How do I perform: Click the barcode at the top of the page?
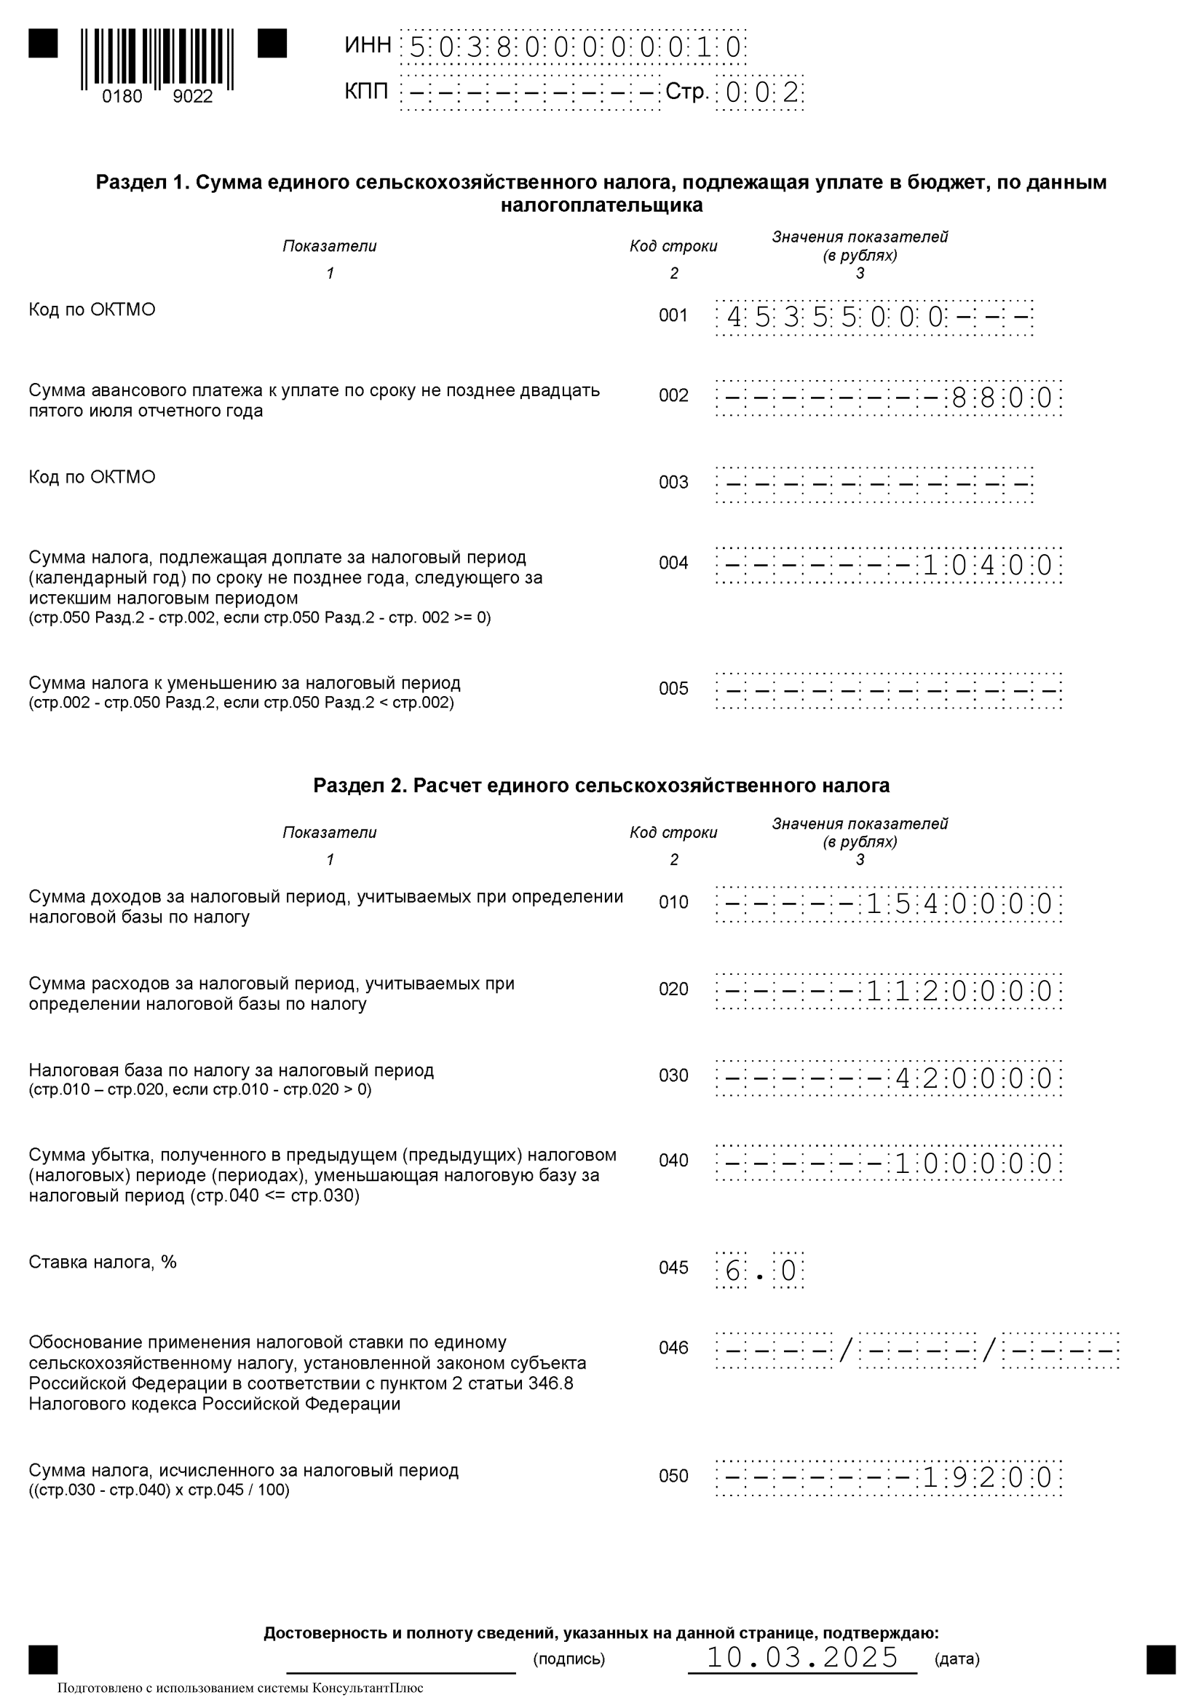[x=157, y=59]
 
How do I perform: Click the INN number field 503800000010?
[x=573, y=48]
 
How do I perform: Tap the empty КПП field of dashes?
[x=530, y=93]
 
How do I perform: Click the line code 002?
[x=673, y=396]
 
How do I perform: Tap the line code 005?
[x=673, y=689]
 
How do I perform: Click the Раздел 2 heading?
[x=601, y=786]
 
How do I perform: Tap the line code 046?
[x=673, y=1348]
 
